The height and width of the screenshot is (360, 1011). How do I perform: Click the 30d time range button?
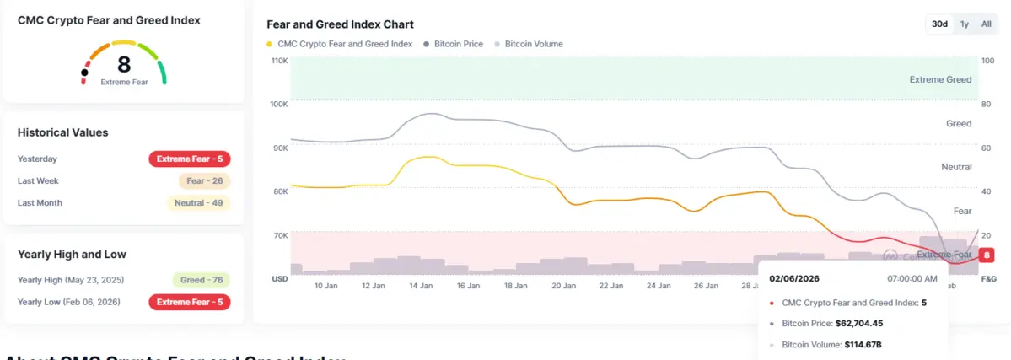(939, 24)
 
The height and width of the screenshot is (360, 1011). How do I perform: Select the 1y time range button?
(965, 24)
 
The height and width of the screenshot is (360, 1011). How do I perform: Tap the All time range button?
(986, 24)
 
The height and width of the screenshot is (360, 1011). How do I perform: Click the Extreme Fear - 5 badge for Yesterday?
(190, 159)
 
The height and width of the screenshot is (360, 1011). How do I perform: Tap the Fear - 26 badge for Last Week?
(204, 180)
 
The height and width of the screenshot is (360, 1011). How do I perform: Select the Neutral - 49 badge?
(198, 202)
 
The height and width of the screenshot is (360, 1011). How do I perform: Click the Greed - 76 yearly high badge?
(201, 280)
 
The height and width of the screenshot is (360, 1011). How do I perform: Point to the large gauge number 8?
(124, 64)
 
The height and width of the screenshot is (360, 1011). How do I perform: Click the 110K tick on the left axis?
(279, 61)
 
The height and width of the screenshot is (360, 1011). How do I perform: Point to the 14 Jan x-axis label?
(421, 286)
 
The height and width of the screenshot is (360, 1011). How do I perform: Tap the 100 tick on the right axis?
(988, 61)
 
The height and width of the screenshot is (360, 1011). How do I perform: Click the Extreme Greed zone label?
(940, 79)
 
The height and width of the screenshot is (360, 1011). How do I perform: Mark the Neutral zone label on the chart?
(956, 167)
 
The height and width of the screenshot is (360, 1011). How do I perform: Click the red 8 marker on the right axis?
(988, 255)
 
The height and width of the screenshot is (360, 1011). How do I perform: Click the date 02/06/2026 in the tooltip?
(794, 278)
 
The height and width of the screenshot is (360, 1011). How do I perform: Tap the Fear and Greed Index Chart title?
(340, 24)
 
